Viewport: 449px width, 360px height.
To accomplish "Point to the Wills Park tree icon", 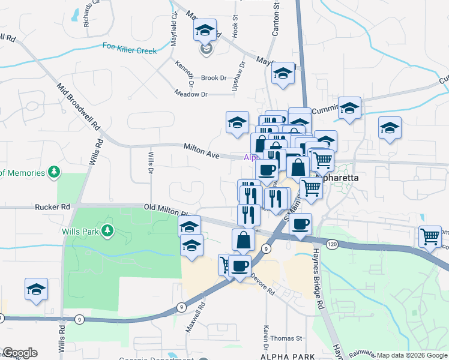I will coord(107,230).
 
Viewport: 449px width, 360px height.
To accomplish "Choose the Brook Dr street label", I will coord(214,78).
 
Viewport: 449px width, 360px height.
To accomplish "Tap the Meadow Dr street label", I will coord(191,94).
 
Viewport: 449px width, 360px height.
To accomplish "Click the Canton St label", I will coord(276,20).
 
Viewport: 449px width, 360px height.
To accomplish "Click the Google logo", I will coord(20,353).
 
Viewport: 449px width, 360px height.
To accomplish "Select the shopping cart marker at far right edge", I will coord(430,236).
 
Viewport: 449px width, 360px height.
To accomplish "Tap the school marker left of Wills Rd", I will coord(36,289).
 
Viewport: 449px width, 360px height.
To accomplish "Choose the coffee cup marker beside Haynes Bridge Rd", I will coord(301,224).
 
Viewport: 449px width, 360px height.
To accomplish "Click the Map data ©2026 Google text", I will coord(412,355).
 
